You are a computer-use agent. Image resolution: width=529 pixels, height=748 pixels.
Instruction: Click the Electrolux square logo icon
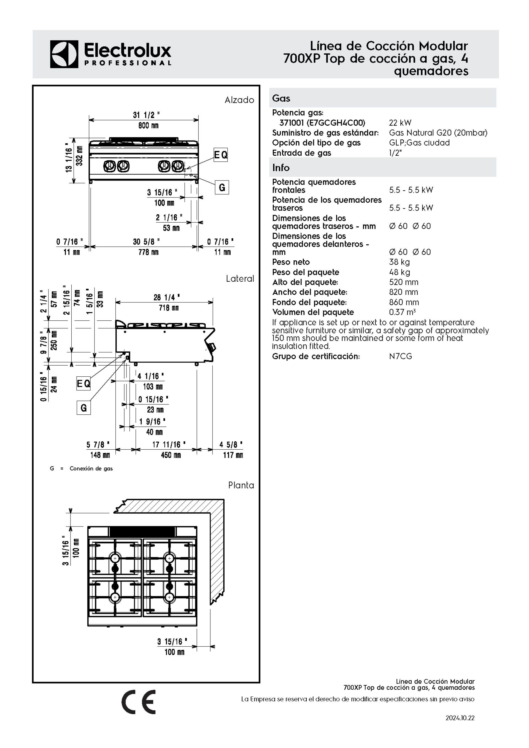64,54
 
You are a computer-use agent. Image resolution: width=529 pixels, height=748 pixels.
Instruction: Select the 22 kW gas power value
400,123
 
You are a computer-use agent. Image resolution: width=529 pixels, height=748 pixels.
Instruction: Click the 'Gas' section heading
281,98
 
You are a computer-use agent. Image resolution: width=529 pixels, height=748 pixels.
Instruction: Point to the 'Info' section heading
281,168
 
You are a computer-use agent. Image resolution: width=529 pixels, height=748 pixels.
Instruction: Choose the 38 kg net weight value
399,262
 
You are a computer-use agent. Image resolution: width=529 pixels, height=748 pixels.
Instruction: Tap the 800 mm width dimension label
148,125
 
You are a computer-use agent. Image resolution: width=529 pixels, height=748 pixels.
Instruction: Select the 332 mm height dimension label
79,156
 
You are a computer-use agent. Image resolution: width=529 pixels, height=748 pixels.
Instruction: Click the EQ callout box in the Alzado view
220,155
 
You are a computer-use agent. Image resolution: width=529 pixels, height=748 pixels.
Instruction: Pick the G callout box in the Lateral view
84,407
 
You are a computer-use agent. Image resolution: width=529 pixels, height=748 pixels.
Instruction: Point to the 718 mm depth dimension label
168,307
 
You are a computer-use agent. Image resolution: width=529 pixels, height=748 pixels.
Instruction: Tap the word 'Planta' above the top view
241,485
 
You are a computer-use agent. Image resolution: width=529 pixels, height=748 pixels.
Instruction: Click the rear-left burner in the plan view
115,558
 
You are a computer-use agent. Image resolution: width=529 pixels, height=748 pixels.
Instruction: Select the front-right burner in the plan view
169,597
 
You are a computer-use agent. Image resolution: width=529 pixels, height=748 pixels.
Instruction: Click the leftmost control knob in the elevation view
109,166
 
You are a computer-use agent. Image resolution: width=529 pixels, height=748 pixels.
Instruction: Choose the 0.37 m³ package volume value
402,312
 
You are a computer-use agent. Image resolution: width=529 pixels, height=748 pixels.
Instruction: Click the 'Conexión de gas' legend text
91,468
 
